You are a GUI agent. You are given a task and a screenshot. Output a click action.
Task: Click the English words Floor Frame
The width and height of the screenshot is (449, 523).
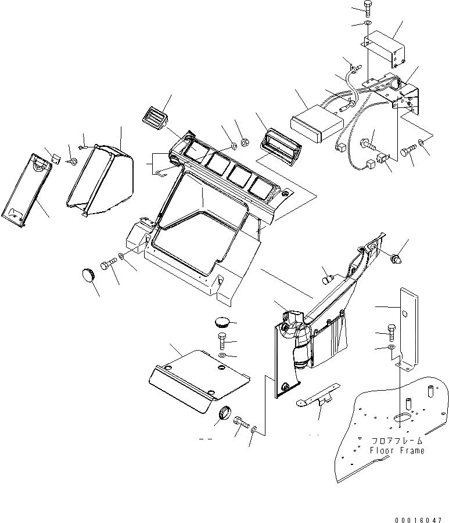397,450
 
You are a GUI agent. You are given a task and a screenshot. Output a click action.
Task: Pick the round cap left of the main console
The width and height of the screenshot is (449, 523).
88,275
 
